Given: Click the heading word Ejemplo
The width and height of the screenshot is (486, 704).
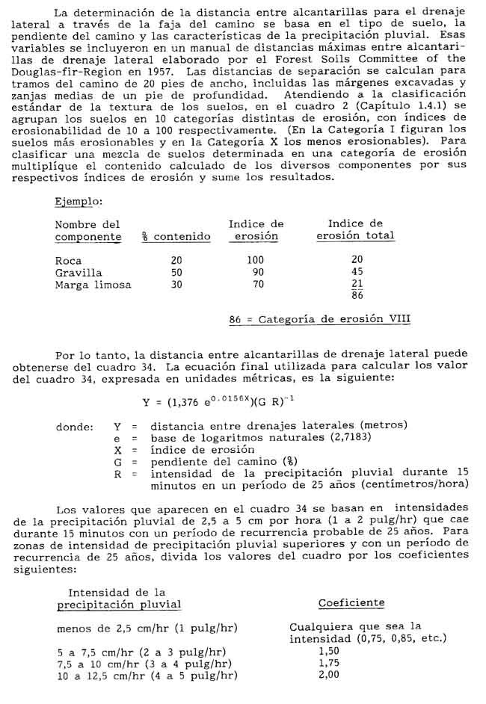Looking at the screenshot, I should tap(79, 202).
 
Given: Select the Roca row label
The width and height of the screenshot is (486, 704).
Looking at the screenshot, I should tap(68, 260).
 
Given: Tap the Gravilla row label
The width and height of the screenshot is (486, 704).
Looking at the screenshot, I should tap(79, 272).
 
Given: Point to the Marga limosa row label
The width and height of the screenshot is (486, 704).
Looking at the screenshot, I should tap(93, 285).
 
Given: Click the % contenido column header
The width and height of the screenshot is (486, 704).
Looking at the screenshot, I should tap(176, 237).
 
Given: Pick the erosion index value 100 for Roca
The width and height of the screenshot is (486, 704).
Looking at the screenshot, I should tap(256, 260).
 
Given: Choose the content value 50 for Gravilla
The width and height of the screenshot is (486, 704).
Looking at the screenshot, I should tap(176, 272).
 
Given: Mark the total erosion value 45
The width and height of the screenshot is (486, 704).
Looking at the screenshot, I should tap(357, 272).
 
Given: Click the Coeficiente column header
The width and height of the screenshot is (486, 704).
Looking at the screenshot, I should tap(351, 603).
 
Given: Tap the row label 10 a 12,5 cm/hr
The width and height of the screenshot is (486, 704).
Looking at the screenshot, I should tap(147, 676).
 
